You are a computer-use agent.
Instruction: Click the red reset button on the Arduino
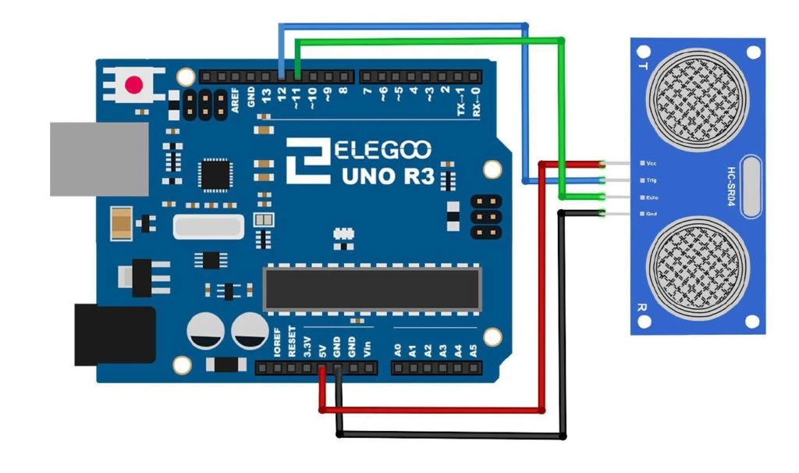(x=135, y=84)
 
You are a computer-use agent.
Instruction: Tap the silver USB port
(x=98, y=158)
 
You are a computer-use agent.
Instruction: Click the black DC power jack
(x=114, y=335)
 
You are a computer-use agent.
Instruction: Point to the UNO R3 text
(x=388, y=176)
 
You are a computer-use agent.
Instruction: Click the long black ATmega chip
(x=371, y=288)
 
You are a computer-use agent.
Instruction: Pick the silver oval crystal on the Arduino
(x=208, y=227)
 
